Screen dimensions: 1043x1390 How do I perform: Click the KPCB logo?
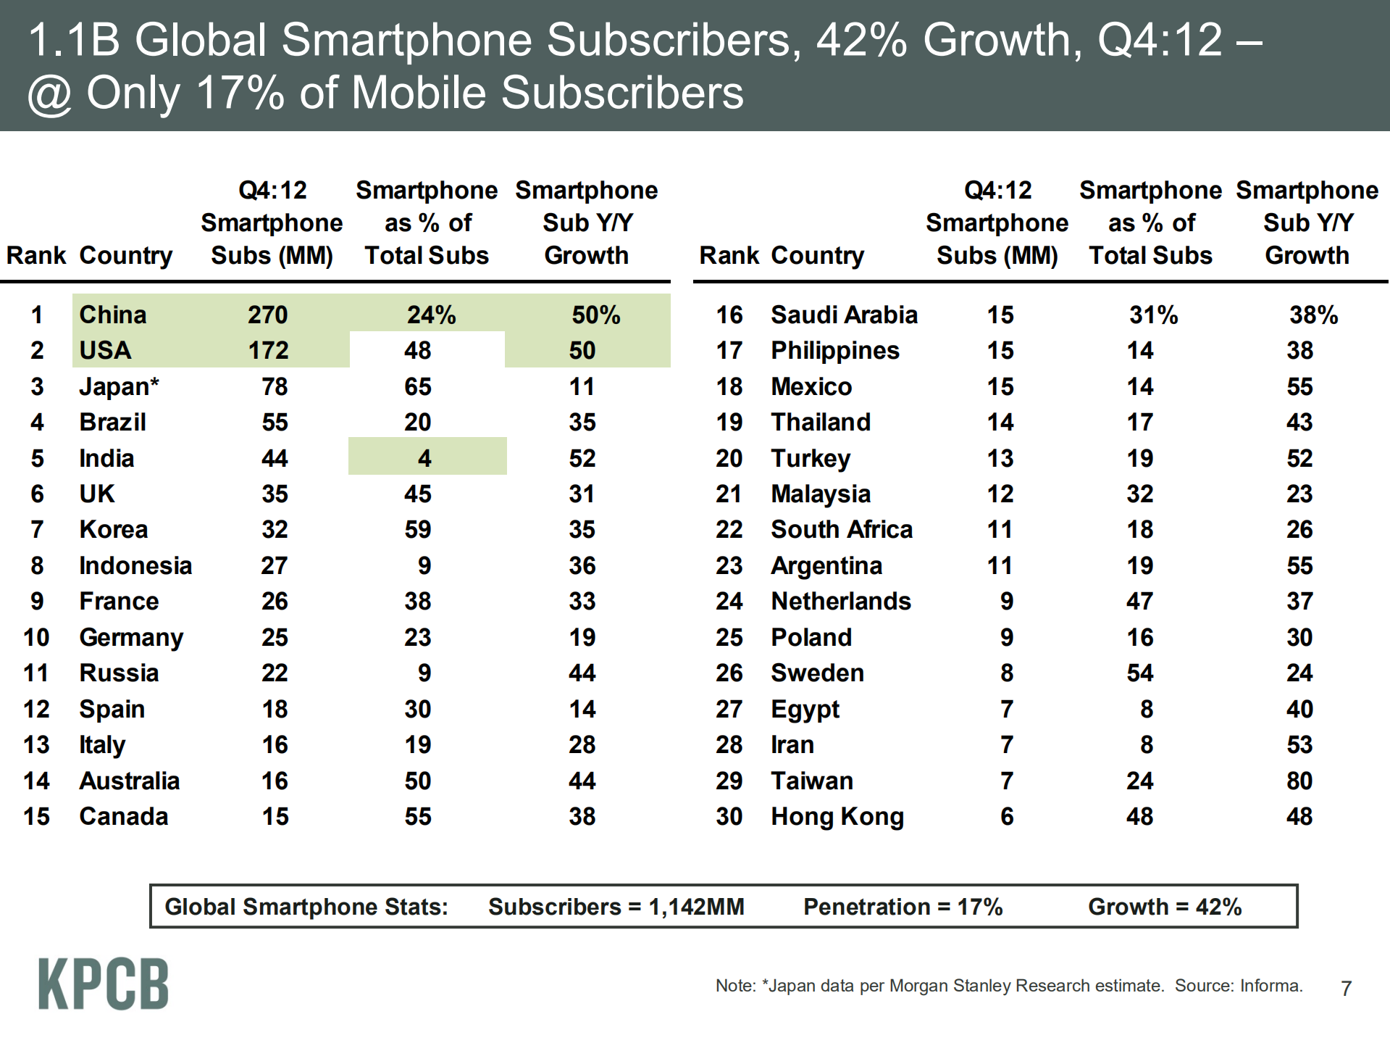click(104, 984)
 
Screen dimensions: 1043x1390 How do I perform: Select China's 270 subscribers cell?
click(268, 315)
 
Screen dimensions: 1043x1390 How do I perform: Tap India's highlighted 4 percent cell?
click(425, 458)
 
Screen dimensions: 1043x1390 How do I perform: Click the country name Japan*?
click(119, 386)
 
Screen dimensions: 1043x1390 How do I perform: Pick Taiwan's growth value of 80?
click(1299, 781)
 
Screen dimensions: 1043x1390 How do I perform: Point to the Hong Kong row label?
click(837, 817)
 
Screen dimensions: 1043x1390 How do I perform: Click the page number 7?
click(1346, 989)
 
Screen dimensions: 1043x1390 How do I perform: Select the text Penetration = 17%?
click(903, 907)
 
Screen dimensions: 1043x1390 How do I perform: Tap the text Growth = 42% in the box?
click(1165, 907)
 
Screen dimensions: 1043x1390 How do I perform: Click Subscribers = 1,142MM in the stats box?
click(616, 907)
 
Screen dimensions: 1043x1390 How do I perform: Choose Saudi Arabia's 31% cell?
click(1153, 315)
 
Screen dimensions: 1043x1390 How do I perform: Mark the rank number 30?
click(729, 817)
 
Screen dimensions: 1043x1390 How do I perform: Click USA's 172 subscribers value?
click(269, 351)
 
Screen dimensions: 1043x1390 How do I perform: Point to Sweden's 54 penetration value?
click(1139, 673)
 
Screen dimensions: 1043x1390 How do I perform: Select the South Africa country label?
click(841, 530)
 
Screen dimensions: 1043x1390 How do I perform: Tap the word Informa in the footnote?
click(1270, 986)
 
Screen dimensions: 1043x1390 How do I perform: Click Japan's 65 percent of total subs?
click(418, 386)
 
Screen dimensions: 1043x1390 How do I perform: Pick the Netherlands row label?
click(841, 602)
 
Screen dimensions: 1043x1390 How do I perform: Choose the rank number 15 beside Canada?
click(36, 817)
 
